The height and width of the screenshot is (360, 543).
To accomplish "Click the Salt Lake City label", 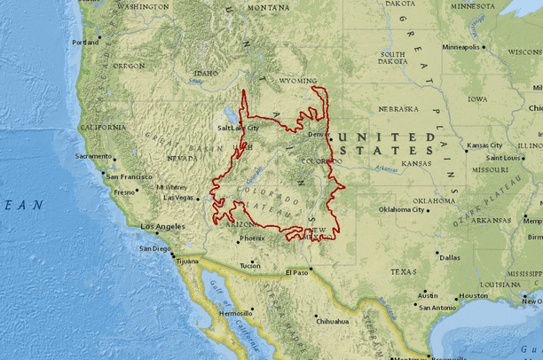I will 239,128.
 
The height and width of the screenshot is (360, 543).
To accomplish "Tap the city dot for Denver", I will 330,138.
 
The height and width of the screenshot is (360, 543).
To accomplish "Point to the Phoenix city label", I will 252,238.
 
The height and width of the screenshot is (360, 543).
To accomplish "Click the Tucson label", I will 250,265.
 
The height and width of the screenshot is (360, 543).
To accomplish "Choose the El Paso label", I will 297,272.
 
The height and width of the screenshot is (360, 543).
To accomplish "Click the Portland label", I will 85,42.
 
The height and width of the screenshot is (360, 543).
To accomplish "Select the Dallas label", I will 449,257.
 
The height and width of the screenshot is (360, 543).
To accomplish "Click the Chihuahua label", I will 333,321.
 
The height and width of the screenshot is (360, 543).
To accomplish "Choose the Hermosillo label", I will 236,313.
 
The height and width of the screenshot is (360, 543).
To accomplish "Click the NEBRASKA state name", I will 397,109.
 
